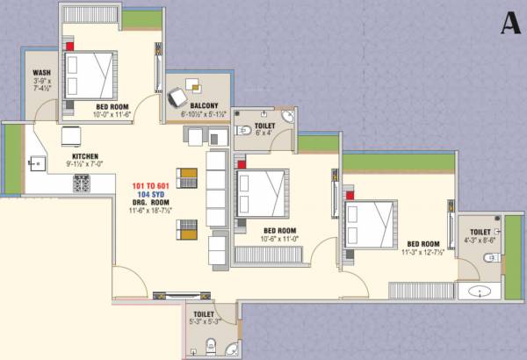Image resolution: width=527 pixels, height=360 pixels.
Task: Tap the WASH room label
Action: [40, 74]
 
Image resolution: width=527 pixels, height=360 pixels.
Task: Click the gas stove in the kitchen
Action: [82, 183]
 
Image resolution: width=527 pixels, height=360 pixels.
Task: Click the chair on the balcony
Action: [178, 96]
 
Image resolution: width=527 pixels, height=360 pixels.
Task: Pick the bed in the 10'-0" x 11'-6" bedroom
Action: [91, 73]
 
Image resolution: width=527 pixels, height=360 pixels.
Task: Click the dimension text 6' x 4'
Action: [264, 134]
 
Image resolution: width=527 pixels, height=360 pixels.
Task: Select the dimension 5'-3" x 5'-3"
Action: [203, 320]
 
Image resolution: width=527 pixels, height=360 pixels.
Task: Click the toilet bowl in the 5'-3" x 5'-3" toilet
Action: [209, 343]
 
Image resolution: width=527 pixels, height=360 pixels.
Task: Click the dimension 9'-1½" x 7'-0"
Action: [84, 163]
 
